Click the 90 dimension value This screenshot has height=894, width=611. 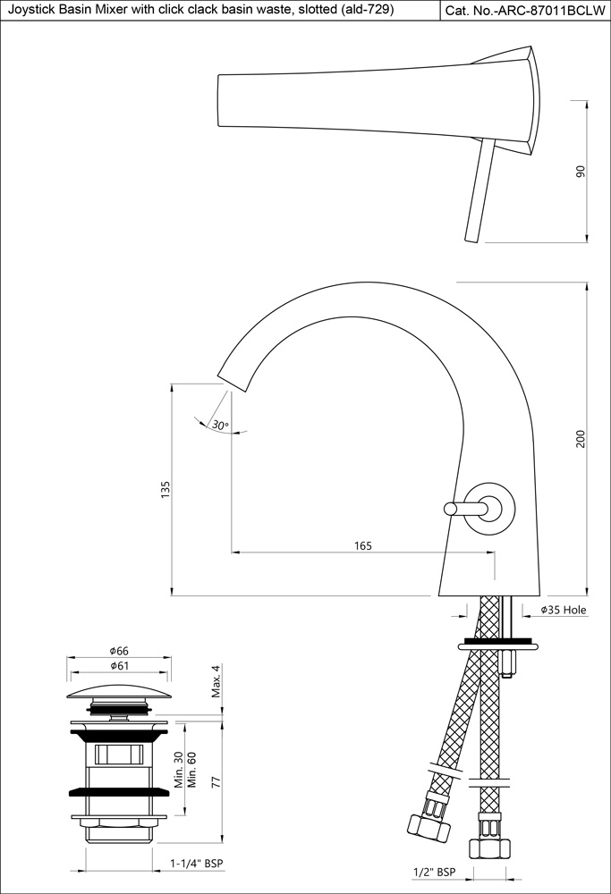581,172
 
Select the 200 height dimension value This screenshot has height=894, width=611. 581,439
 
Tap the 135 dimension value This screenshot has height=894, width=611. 165,489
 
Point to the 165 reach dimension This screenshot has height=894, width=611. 362,545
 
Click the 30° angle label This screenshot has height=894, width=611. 220,426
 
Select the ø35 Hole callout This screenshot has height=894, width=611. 563,611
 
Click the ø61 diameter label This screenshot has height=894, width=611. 120,666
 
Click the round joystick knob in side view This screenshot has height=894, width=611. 491,508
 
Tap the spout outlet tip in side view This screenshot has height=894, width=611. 234,379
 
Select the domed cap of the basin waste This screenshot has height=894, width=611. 120,692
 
